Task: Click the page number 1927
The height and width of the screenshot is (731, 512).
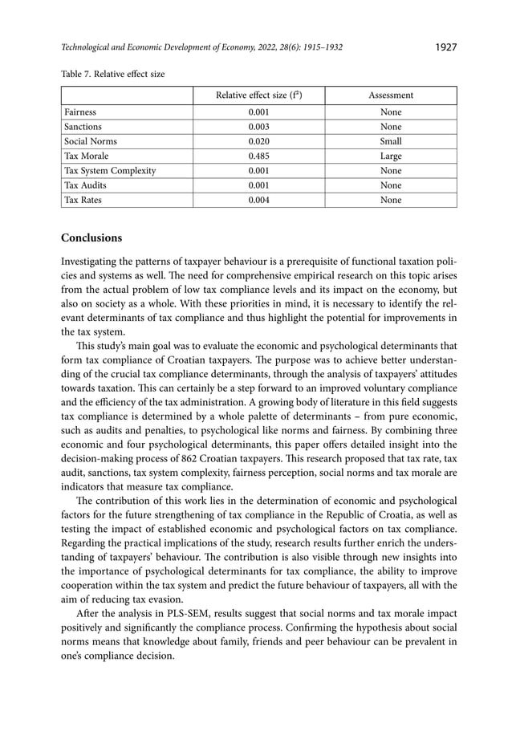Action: [x=445, y=47]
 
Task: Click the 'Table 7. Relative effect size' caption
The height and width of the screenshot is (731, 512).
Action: [x=113, y=74]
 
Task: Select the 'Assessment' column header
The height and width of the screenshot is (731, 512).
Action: [x=390, y=95]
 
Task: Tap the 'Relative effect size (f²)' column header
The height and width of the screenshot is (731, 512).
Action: [x=258, y=95]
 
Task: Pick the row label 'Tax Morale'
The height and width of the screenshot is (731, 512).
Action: [x=86, y=156]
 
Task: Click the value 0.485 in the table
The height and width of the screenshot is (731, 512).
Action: [x=258, y=156]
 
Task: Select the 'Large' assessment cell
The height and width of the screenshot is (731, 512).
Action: [x=391, y=156]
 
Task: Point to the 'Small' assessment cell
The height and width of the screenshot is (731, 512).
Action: [x=391, y=141]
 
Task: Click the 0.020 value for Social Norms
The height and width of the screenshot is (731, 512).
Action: [x=258, y=141]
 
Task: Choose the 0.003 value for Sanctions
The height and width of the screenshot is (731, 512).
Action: [x=258, y=127]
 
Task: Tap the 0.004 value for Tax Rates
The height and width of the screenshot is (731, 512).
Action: [x=258, y=200]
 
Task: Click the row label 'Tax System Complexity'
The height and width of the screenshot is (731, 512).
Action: [x=110, y=171]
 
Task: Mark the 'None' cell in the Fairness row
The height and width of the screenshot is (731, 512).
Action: [x=391, y=112]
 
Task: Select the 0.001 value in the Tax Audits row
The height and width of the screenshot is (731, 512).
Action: [x=258, y=185]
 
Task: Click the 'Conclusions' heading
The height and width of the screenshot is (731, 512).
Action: [x=92, y=238]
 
